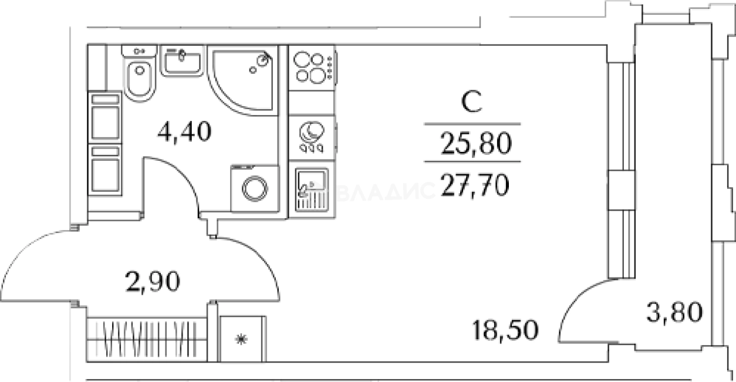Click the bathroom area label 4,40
(184, 131)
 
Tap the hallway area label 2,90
(153, 281)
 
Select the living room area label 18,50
(505, 330)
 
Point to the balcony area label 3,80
(675, 312)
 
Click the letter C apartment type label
(472, 102)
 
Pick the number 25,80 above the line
(477, 143)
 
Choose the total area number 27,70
(475, 185)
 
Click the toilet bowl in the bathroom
(140, 79)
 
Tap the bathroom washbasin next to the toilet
(183, 62)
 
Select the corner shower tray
(242, 80)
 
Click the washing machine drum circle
(255, 189)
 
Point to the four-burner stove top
(312, 67)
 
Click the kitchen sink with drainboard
(312, 190)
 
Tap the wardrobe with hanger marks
(147, 340)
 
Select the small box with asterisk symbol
(242, 339)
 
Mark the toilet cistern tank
(139, 51)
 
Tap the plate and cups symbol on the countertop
(312, 137)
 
